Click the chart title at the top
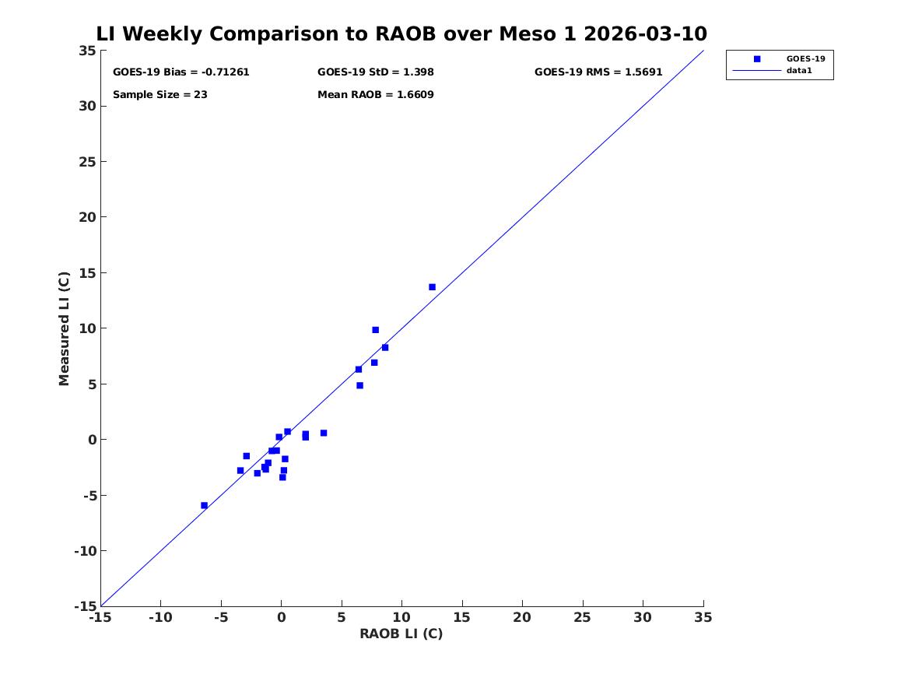(401, 33)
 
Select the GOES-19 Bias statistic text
(181, 72)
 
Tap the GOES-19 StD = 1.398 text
(375, 72)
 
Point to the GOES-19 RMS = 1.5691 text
(598, 72)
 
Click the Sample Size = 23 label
(160, 95)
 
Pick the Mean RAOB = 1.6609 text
(375, 95)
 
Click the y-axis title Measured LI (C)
(64, 328)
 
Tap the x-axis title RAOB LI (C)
(401, 634)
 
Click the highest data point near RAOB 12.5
(432, 287)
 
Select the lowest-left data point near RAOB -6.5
(204, 506)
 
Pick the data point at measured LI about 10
(375, 330)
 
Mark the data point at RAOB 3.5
(324, 434)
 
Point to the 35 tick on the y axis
(87, 51)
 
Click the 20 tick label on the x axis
(522, 618)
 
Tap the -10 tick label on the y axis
(85, 551)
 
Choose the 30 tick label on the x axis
(643, 618)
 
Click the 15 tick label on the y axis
(87, 272)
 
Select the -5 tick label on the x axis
(221, 618)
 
